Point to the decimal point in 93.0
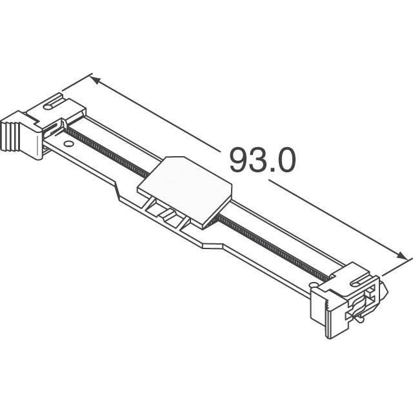coord(274,172)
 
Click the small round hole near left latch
coord(68,143)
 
